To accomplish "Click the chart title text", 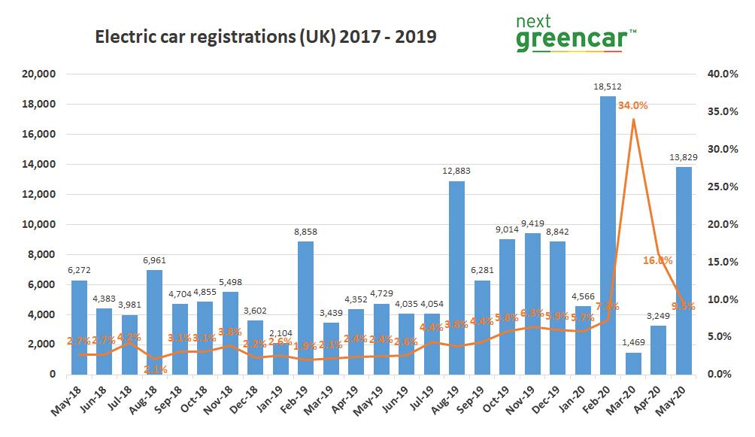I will point(265,36).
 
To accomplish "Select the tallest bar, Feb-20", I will point(608,235).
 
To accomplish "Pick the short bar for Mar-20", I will point(633,363).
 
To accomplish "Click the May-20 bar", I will point(684,270).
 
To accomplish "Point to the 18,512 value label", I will point(608,87).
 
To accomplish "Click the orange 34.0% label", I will point(633,106).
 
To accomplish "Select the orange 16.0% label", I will point(658,259).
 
